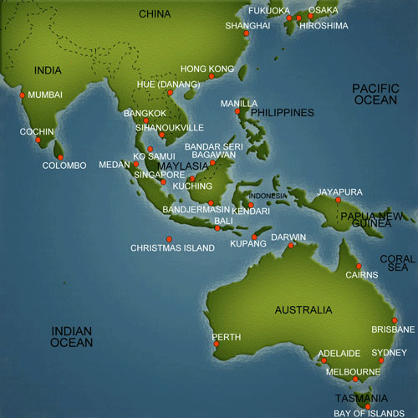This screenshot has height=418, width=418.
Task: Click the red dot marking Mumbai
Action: click(21, 94)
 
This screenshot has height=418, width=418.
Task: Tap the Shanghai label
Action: click(248, 26)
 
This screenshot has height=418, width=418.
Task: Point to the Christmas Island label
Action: click(173, 248)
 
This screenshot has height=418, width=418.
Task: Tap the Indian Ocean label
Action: click(72, 336)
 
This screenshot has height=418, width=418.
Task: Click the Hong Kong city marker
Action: click(211, 76)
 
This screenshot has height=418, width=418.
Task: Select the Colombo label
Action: click(64, 166)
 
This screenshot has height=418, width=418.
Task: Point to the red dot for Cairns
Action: click(359, 266)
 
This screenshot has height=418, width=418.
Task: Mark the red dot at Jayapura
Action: click(338, 200)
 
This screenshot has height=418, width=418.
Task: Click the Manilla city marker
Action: click(237, 111)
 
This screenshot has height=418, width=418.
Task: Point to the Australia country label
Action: click(303, 310)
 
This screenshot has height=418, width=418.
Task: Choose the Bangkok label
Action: click(145, 113)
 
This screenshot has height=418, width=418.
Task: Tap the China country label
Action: click(155, 13)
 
